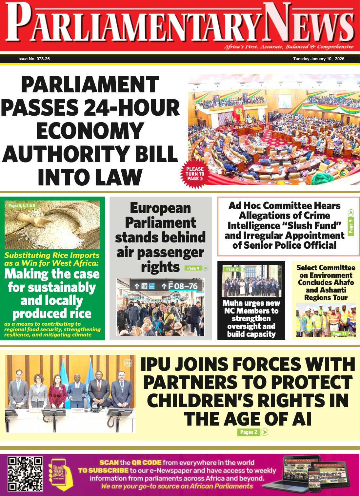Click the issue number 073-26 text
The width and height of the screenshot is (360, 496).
[x=33, y=59]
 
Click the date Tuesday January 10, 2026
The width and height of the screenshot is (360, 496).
[x=318, y=59]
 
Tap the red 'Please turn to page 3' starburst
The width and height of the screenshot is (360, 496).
[x=195, y=174]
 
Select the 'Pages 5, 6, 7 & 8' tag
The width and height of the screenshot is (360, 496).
[x=22, y=206]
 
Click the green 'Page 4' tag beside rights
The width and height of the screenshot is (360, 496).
[x=193, y=268]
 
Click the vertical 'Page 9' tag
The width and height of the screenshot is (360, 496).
[x=351, y=226]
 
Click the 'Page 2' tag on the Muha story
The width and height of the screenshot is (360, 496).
[x=232, y=269]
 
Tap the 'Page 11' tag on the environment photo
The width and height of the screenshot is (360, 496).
[x=339, y=334]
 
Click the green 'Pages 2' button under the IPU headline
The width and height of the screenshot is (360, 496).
[x=249, y=432]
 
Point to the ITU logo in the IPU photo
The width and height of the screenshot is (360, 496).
[x=128, y=363]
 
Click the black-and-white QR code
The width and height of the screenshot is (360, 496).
[x=25, y=474]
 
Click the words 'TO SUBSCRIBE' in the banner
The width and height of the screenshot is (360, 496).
[x=103, y=470]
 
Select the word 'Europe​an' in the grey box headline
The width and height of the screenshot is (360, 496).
[x=160, y=208]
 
